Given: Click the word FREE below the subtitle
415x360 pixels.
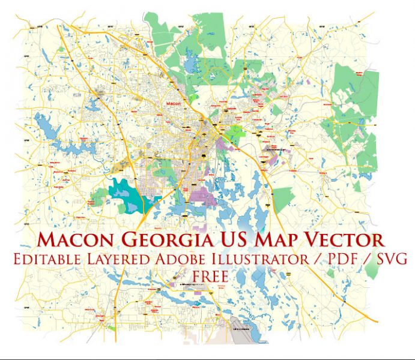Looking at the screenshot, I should coord(210,276).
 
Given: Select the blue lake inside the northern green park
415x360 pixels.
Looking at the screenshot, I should coord(193,62).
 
